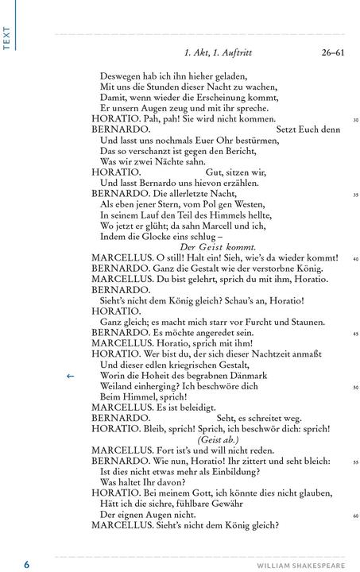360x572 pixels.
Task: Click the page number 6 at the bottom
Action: click(26, 564)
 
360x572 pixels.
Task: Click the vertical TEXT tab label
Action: click(7, 38)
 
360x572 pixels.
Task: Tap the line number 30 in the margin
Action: click(356, 120)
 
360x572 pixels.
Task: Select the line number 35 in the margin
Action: click(356, 195)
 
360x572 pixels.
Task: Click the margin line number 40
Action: click(356, 259)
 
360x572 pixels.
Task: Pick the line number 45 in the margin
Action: click(356, 334)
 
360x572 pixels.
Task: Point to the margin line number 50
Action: click(356, 387)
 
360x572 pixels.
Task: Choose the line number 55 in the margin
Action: click(356, 462)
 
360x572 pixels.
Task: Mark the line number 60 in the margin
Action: click(356, 516)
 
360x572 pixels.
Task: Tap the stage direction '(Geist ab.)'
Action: click(218, 439)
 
